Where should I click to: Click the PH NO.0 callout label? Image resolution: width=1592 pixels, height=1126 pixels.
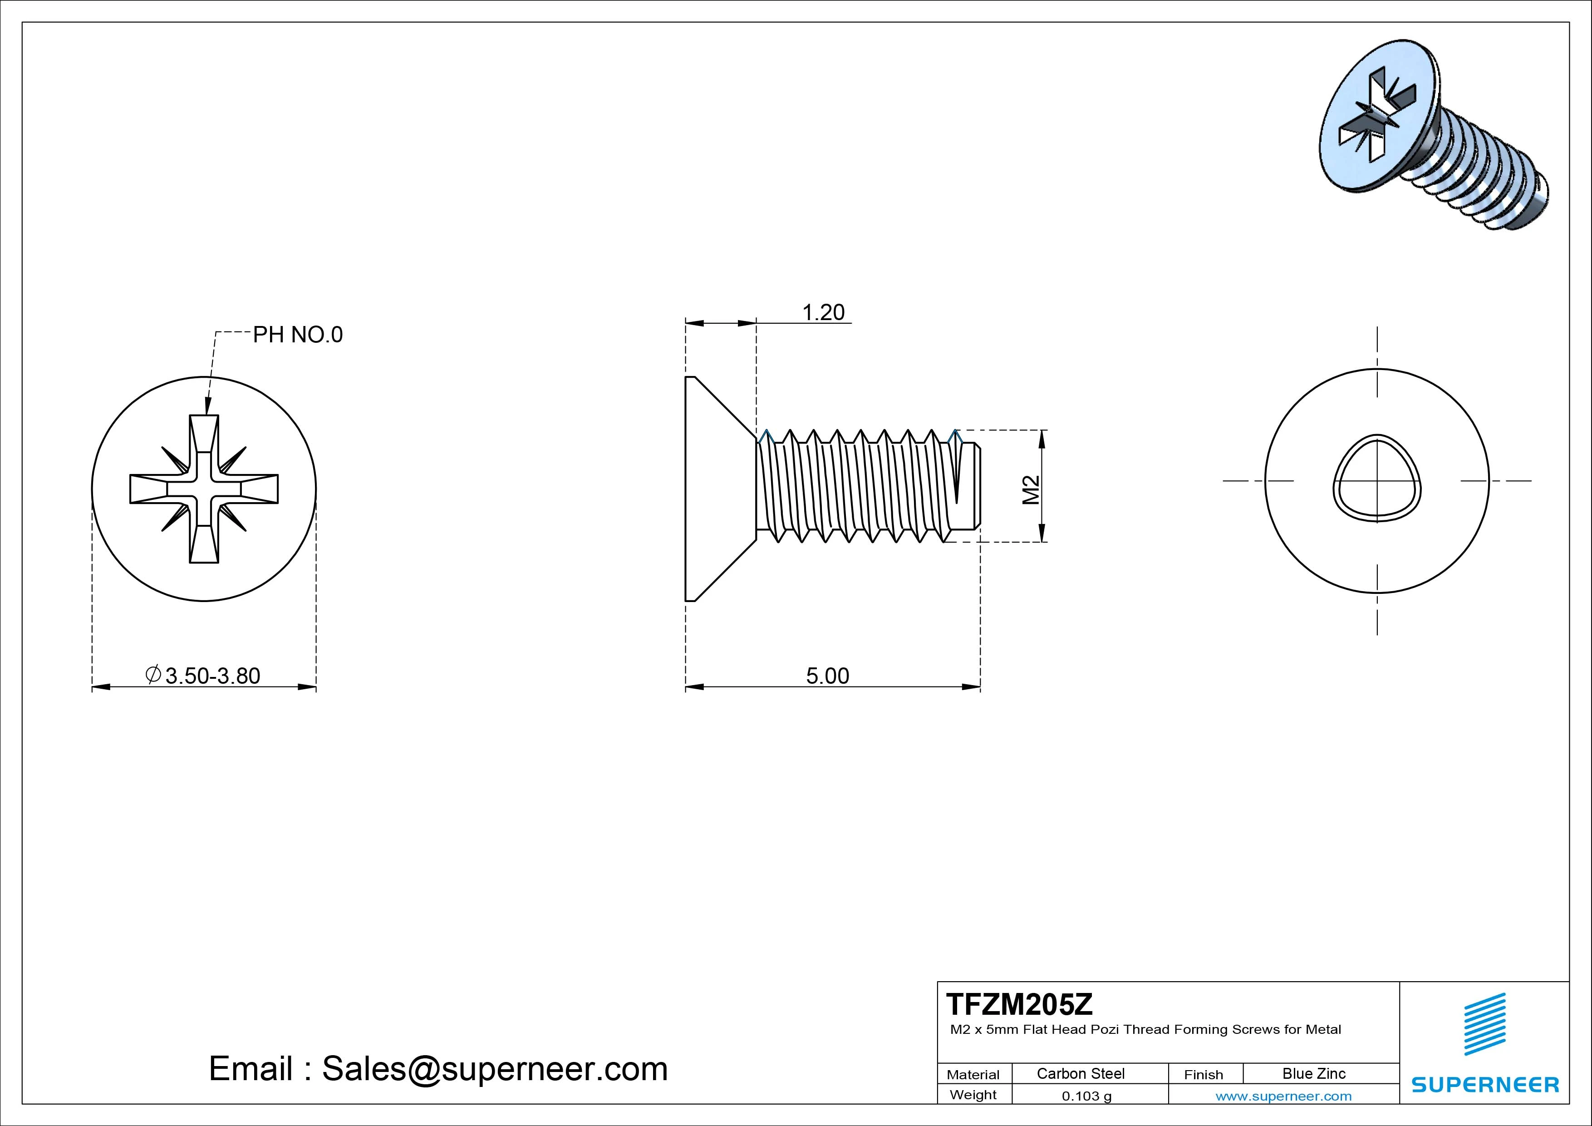(x=297, y=335)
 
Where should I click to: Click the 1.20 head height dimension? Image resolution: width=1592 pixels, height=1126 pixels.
(x=823, y=313)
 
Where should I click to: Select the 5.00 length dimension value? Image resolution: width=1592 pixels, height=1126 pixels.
(x=827, y=676)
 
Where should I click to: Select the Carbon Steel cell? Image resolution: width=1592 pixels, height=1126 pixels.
(x=1080, y=1073)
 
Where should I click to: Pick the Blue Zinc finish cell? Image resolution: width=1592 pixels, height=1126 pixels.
(x=1313, y=1073)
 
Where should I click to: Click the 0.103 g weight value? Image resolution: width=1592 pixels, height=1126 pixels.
(x=1086, y=1096)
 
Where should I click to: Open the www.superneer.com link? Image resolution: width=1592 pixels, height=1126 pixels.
(x=1283, y=1096)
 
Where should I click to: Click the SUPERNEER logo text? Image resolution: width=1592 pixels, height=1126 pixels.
(x=1485, y=1084)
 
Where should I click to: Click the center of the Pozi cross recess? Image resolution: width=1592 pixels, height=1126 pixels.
(x=204, y=489)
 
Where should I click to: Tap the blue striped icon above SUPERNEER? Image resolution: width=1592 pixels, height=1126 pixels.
(x=1484, y=1024)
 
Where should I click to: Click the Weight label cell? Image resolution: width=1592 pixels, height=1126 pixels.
(x=973, y=1095)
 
